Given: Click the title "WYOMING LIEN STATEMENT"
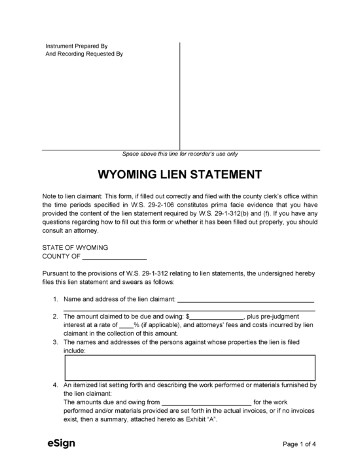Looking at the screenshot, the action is pos(179,175).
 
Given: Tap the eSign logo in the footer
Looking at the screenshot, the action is pos(61,443).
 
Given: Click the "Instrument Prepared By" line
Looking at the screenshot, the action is pos(76,46).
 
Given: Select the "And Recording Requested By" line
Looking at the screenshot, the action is pos(83,54).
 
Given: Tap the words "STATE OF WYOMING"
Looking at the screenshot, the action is pos(75,248).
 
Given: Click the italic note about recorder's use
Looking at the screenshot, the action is pos(180,154).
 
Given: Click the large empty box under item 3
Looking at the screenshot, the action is pos(189,368).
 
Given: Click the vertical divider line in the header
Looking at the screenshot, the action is pos(179,95).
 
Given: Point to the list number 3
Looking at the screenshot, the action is pos(56,342).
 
